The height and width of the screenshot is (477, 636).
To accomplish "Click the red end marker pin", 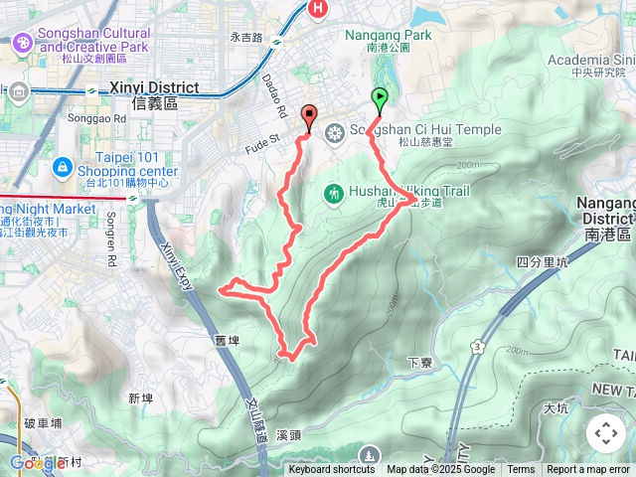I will coord(308,116).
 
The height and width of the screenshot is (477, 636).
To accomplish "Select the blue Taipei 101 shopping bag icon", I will coord(63,166).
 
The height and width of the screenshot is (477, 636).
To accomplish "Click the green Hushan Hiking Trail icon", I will coord(334,191).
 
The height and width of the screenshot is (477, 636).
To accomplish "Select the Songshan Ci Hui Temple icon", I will coord(335,131).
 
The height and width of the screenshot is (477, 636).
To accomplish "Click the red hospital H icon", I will coord(318,9).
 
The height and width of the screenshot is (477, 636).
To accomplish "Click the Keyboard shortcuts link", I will coord(332,470).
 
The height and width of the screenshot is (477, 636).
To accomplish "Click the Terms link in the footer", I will coord(521,470).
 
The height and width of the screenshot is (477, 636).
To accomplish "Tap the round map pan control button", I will coord(606,433).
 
